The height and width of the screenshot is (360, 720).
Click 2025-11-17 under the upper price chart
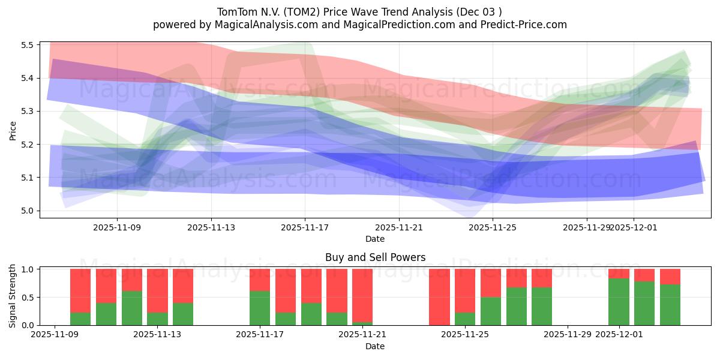coord(305,227)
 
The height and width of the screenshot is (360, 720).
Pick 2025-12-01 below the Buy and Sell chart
coord(619,335)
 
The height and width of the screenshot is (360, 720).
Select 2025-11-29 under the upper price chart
coord(586,227)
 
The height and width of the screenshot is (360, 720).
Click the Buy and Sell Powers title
coord(375,257)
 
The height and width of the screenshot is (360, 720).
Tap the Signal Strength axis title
coord(13,296)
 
